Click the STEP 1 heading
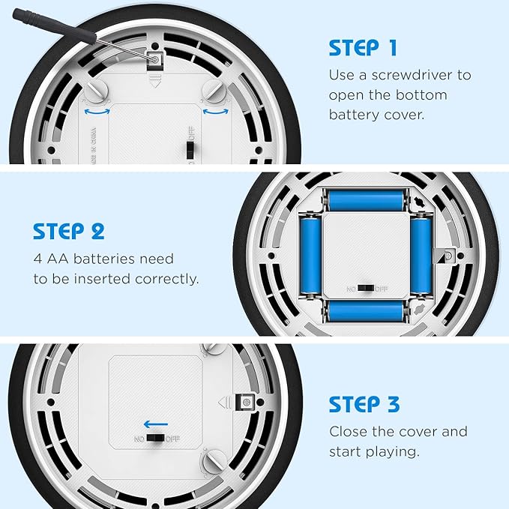coord(363,48)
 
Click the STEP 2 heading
coord(69,231)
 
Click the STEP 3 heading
coord(364,404)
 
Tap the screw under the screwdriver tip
coord(155,60)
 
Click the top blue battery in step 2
coord(366,200)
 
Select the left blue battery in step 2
coord(310,256)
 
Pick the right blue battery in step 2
coord(421,256)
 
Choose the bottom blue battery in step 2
coord(366,311)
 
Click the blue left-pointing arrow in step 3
coord(156,424)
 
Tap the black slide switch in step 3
coord(156,439)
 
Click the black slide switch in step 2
coord(366,289)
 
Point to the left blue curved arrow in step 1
coord(97,112)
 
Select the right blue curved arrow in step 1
coord(216,112)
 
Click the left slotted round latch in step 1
coord(97,90)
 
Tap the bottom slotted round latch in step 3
coord(214,460)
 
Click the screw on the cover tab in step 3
coord(247,403)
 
